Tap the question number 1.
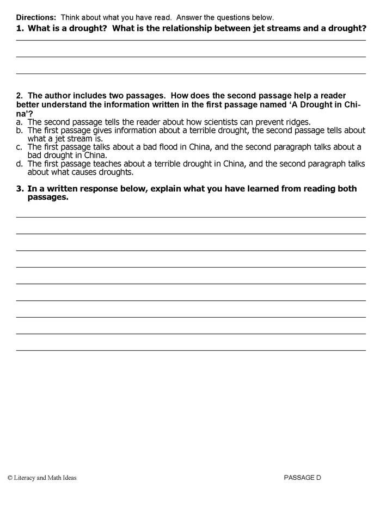[19, 27]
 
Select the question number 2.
[19, 96]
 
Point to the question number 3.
[19, 189]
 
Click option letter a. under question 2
[19, 122]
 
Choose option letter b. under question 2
[19, 131]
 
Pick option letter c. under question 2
[19, 147]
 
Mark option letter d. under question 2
[19, 164]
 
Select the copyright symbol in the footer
[10, 478]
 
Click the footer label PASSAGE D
[303, 478]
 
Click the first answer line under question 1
[191, 40]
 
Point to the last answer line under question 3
[191, 350]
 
